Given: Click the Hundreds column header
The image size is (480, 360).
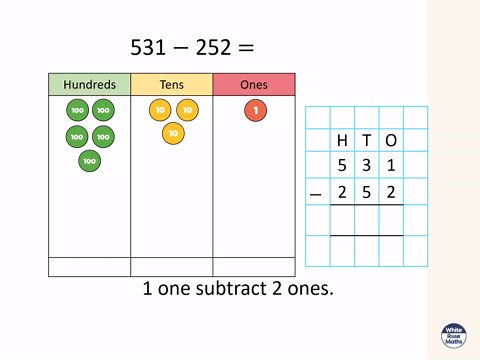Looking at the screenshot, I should [89, 85].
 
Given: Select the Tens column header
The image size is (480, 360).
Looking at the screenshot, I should [172, 85].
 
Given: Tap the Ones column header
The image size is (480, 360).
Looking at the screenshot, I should [254, 85].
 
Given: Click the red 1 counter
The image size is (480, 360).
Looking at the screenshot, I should [255, 110].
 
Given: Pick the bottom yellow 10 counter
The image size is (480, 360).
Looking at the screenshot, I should [173, 133].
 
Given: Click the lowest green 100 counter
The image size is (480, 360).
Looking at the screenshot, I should [90, 160].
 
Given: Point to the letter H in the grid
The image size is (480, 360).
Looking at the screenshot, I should [343, 141].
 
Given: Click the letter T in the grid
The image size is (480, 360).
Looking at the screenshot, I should [367, 141].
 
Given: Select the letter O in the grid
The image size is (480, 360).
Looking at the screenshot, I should [391, 141].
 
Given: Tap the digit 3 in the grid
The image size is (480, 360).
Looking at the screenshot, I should [367, 166].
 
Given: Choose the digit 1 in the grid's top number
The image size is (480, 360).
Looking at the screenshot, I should [391, 166].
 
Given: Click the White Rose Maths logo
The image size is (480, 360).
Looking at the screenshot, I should [453, 336].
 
